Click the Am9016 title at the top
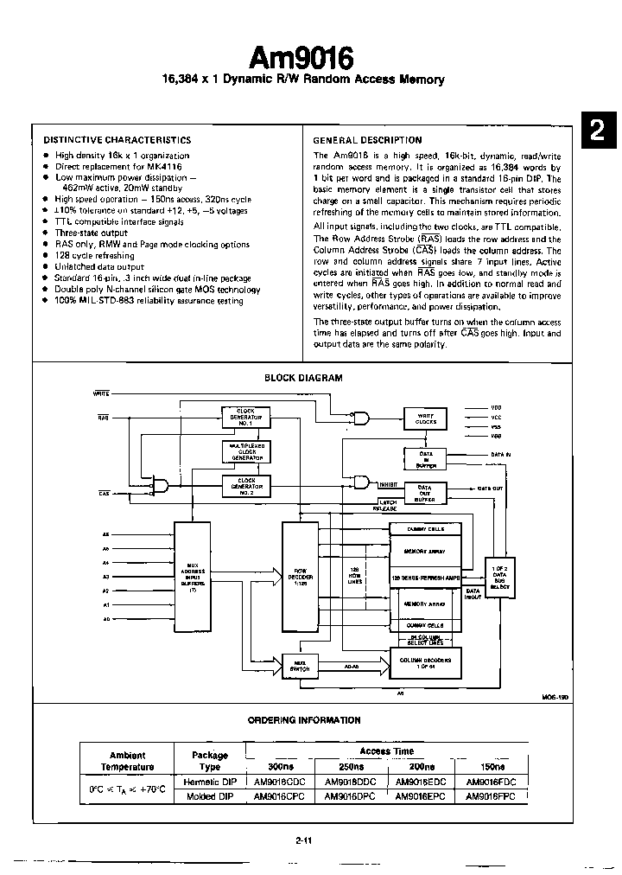coord(301,58)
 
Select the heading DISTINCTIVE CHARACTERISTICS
coord(117,140)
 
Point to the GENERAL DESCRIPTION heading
coord(367,140)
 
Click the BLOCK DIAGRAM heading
coord(302,378)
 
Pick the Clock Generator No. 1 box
coord(246,418)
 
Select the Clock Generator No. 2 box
coord(246,484)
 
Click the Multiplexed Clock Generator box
coord(246,451)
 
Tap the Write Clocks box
coord(426,419)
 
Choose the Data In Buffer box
coord(426,458)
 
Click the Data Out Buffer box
coord(425,493)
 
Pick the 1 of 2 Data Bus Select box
coord(499,574)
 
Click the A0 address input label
coord(106,618)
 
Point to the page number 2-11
coord(301,840)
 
